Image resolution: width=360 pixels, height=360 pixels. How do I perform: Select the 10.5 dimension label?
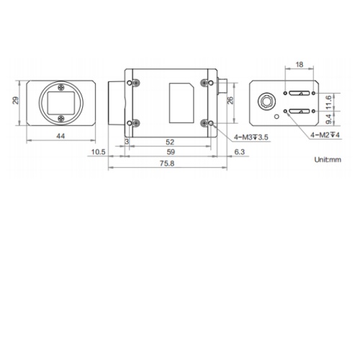[99, 152]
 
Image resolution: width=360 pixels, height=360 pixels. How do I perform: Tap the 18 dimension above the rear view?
[299, 66]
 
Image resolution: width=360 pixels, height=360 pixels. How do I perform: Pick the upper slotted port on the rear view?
[299, 93]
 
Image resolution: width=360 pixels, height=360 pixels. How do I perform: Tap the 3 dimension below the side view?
[127, 143]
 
